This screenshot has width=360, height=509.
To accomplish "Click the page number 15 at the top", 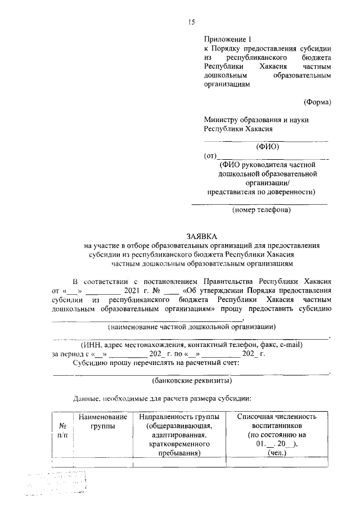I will (x=191, y=22).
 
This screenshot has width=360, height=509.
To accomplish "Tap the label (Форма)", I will (x=317, y=102).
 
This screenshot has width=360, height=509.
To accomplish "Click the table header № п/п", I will (x=63, y=431).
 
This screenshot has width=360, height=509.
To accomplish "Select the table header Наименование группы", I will (x=103, y=421).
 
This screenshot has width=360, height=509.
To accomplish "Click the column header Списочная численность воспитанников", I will (x=277, y=421).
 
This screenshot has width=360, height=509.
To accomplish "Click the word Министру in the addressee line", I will (x=223, y=119).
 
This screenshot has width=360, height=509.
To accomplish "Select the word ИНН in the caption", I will (x=92, y=344).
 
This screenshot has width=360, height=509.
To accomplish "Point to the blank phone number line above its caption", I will (x=259, y=203).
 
